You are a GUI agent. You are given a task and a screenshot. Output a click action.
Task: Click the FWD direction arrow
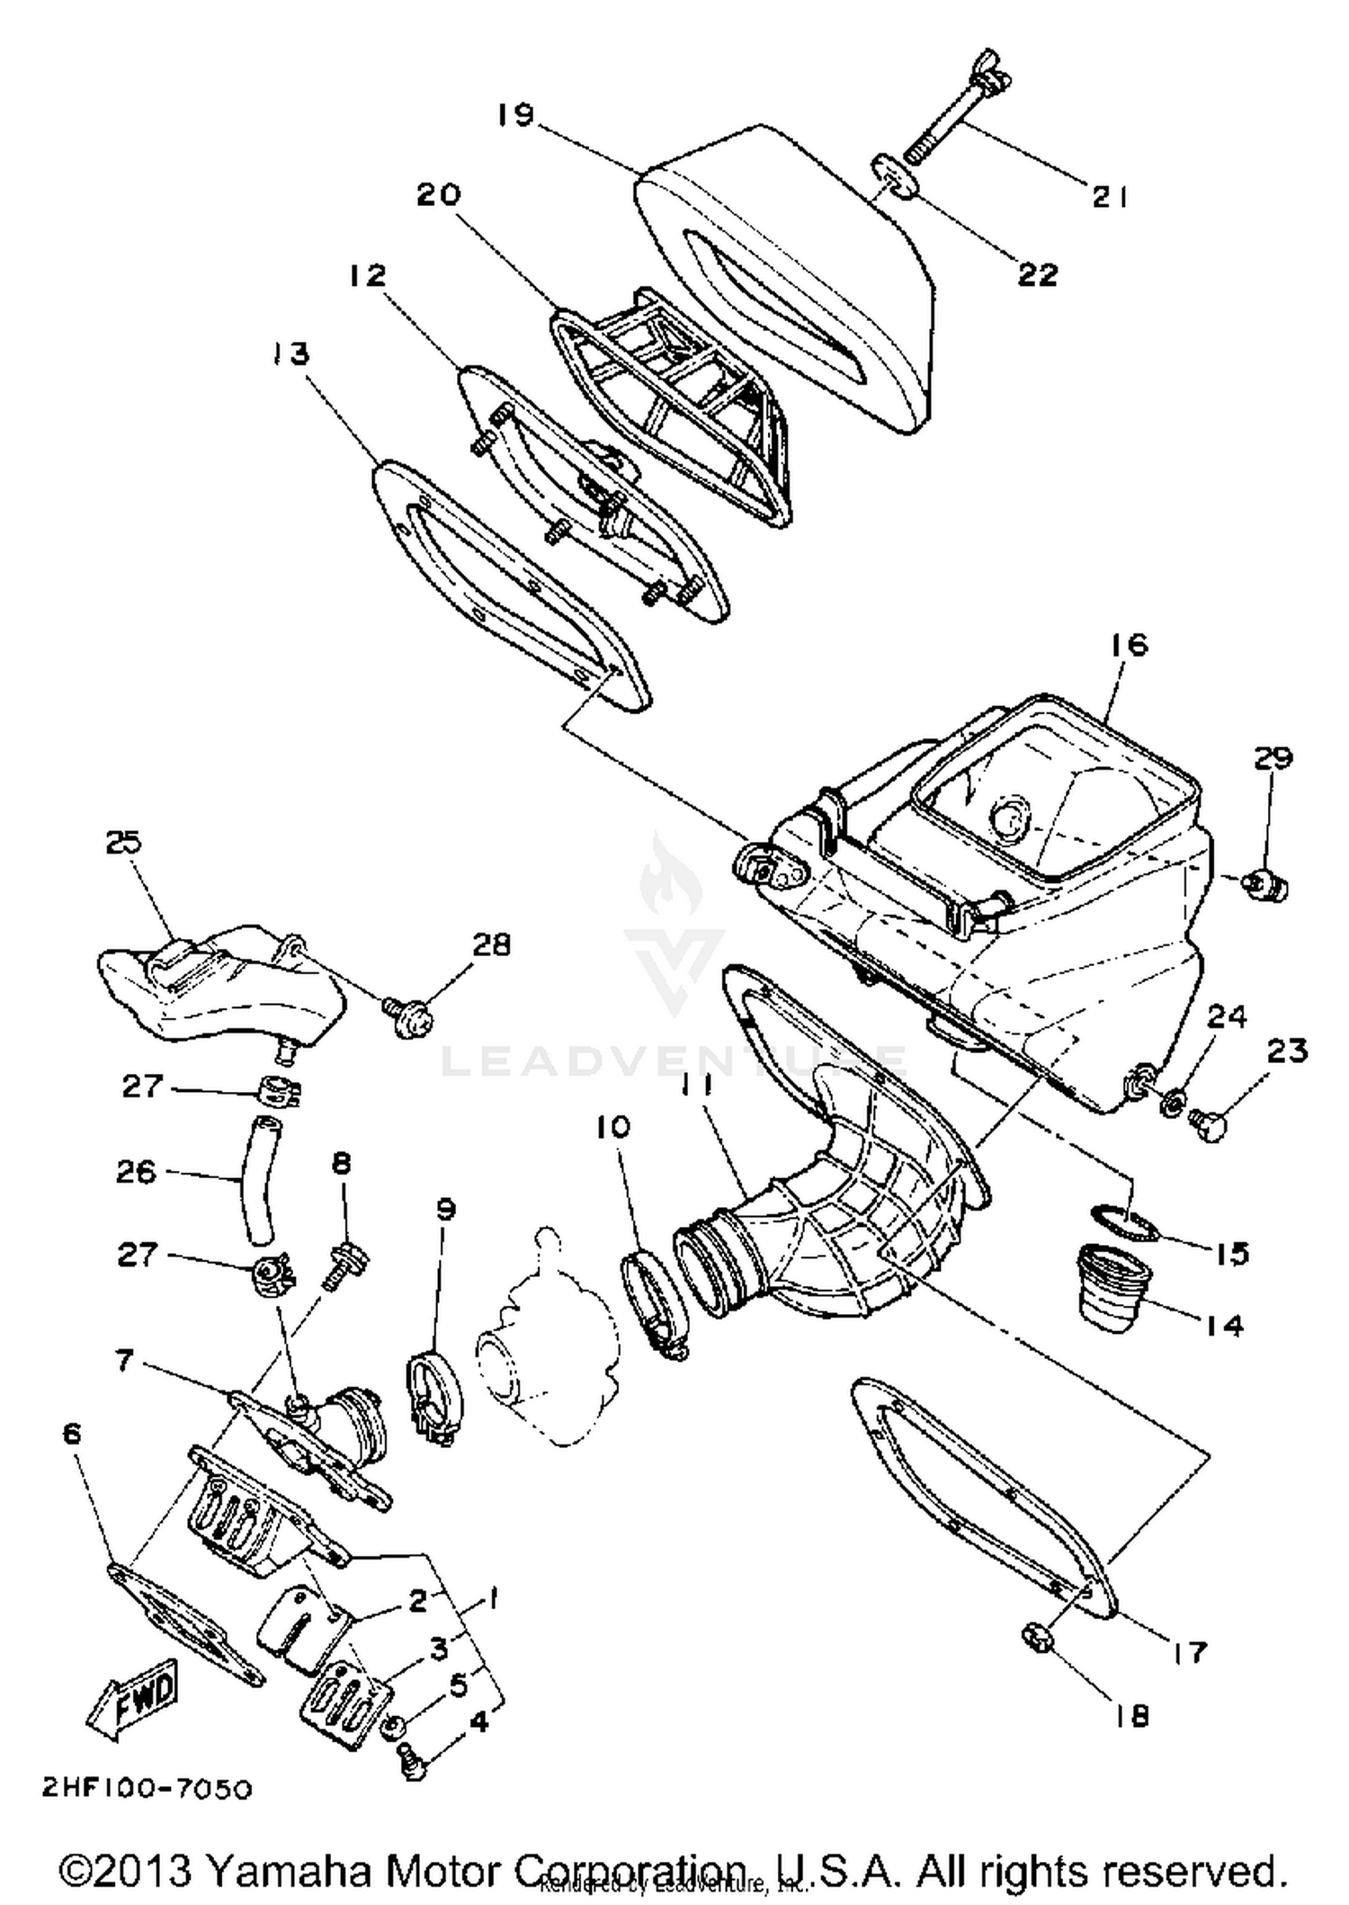133,1696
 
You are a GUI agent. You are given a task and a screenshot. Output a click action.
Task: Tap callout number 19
516,115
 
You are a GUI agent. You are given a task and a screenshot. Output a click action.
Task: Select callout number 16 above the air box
1129,644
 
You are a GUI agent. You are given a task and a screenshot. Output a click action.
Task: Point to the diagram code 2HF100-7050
147,1788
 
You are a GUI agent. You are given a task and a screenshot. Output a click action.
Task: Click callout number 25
123,843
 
